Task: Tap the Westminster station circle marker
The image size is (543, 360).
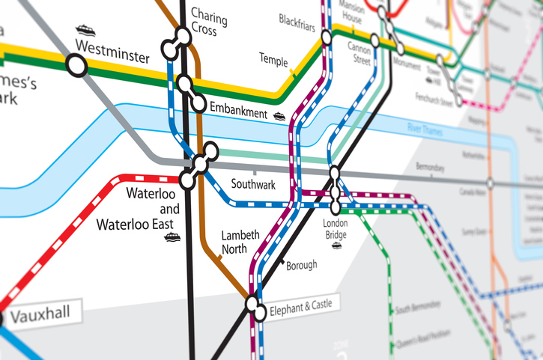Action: click(x=77, y=66)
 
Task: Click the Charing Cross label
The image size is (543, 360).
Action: click(x=204, y=22)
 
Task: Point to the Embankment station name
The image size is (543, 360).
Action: click(x=238, y=112)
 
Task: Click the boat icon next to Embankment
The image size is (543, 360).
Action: click(x=279, y=115)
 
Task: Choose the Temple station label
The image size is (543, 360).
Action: click(x=273, y=58)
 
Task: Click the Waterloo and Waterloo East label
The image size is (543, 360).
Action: click(x=152, y=209)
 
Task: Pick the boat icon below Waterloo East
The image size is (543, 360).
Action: click(x=173, y=238)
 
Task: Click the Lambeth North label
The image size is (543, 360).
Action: click(x=240, y=242)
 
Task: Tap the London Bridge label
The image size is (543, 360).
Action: click(x=336, y=229)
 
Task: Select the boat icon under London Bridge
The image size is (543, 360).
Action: click(x=337, y=245)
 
